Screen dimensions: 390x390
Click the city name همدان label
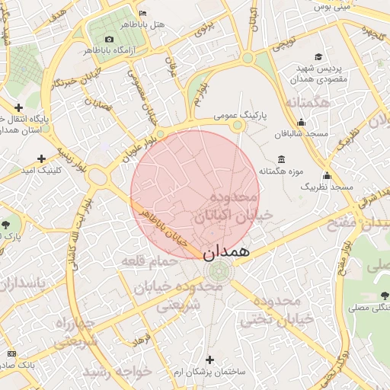click(x=227, y=250)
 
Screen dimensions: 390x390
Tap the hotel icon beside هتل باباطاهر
click(x=143, y=13)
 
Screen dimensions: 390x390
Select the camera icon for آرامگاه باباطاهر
click(x=109, y=39)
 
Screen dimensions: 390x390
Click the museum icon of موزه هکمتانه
click(x=282, y=159)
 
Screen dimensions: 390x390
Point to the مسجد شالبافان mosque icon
click(x=301, y=122)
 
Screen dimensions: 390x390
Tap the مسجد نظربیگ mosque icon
click(x=327, y=175)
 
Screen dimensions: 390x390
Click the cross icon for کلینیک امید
click(x=41, y=158)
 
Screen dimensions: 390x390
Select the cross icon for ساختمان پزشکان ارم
click(x=210, y=359)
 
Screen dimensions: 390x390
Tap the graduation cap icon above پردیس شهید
click(x=318, y=57)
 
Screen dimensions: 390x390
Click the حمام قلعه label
click(x=149, y=261)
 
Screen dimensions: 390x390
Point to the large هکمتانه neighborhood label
click(x=308, y=102)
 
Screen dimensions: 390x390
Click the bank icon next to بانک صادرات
click(x=11, y=353)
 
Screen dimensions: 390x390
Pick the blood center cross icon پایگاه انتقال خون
click(x=18, y=107)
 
